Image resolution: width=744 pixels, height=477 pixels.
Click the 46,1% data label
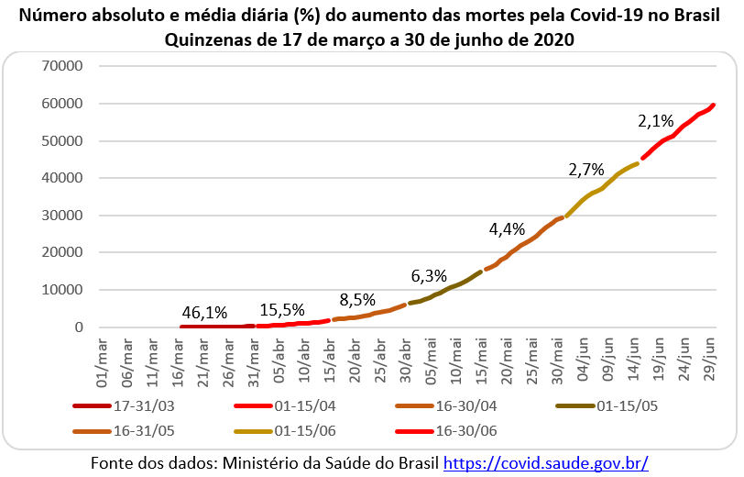(204, 313)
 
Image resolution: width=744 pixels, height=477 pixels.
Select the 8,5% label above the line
(357, 299)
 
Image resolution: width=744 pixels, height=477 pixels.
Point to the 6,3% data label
(429, 275)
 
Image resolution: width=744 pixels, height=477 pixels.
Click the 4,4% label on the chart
(507, 229)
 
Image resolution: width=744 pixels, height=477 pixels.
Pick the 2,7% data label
(585, 170)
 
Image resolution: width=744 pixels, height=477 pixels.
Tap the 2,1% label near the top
(656, 121)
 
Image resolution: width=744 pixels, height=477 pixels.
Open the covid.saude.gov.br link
(546, 463)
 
